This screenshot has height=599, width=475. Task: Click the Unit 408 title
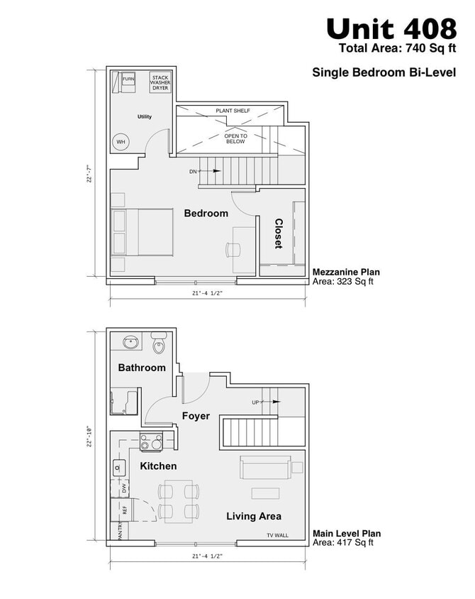(391, 28)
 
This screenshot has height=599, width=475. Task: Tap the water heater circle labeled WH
(121, 142)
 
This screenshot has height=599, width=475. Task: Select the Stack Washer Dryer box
(160, 82)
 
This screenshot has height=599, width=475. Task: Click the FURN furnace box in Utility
(128, 80)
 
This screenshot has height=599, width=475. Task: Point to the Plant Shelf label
(233, 111)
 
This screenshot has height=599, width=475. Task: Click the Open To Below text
(235, 138)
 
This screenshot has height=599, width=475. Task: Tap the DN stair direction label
(193, 172)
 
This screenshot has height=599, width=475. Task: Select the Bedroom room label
(206, 213)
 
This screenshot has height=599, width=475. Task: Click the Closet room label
(278, 233)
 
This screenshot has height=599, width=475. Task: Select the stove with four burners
(151, 441)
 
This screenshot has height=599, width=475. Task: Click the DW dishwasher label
(124, 488)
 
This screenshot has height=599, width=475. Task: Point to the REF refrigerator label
(124, 510)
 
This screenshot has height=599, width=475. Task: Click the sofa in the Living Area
(264, 468)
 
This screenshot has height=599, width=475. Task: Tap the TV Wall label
(278, 536)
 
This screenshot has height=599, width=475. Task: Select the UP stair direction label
(256, 402)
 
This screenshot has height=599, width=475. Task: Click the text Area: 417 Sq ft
(343, 543)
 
